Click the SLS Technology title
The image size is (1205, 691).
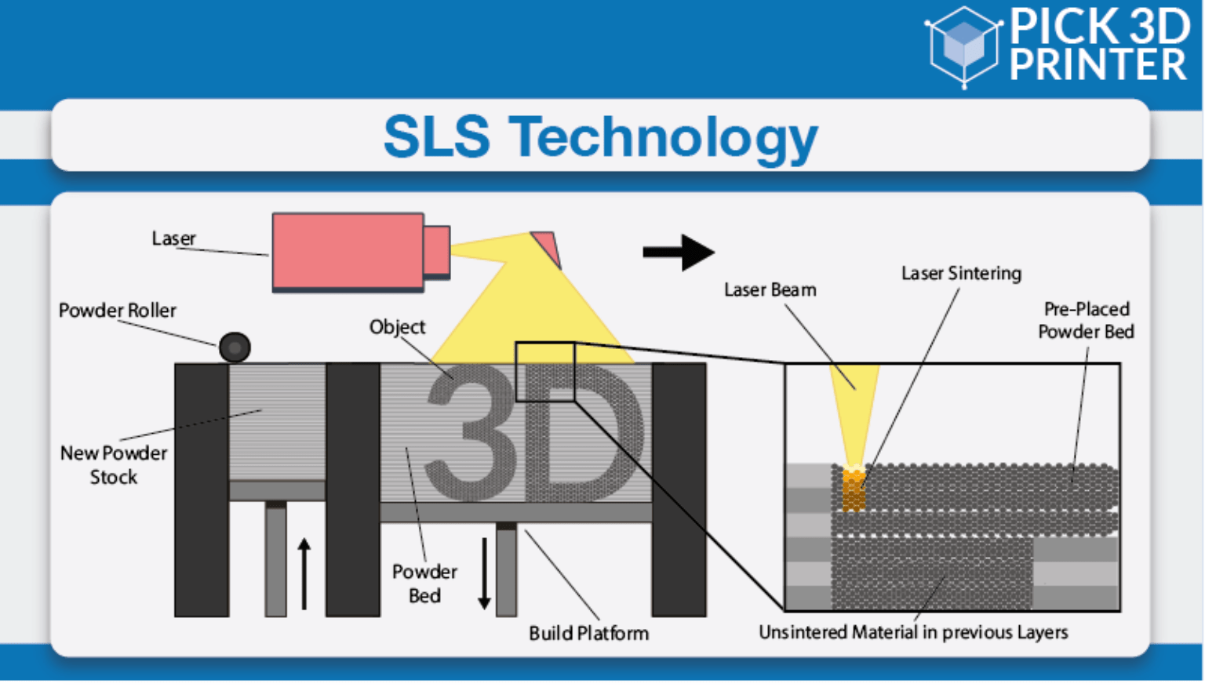(x=600, y=138)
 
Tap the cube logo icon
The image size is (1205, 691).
(x=963, y=45)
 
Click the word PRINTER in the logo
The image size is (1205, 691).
(x=1098, y=65)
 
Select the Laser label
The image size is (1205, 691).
(x=173, y=238)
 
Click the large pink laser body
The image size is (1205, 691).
(x=348, y=252)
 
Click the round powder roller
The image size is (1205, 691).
(x=235, y=347)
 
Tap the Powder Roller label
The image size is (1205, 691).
(x=118, y=311)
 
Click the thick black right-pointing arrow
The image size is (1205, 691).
(x=678, y=253)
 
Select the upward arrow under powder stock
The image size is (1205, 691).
(x=304, y=573)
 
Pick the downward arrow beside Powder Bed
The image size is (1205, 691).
(x=484, y=573)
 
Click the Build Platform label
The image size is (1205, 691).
(x=588, y=634)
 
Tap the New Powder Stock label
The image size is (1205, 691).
(x=114, y=465)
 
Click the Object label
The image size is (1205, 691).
(x=397, y=327)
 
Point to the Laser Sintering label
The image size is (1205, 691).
(x=961, y=274)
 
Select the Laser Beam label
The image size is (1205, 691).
(x=770, y=290)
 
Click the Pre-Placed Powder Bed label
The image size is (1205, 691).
(x=1086, y=320)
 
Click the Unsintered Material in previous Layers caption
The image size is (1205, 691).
(x=913, y=632)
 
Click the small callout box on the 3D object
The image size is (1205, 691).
(x=545, y=372)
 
